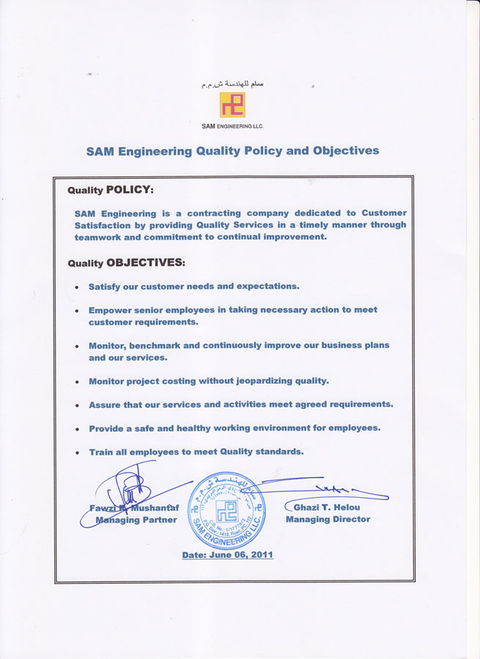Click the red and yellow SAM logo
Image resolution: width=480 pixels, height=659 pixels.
(232, 105)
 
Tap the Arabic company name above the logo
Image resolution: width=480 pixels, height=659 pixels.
(232, 85)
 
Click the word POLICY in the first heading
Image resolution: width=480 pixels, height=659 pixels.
(130, 190)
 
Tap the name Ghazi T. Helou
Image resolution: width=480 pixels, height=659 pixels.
(327, 507)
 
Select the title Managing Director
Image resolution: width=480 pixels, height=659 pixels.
(328, 519)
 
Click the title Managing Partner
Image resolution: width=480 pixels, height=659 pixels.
(136, 520)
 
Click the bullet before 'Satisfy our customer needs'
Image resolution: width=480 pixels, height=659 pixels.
(77, 287)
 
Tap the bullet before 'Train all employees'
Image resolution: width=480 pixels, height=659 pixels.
(77, 453)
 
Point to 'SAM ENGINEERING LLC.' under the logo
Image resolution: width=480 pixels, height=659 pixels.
(232, 126)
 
